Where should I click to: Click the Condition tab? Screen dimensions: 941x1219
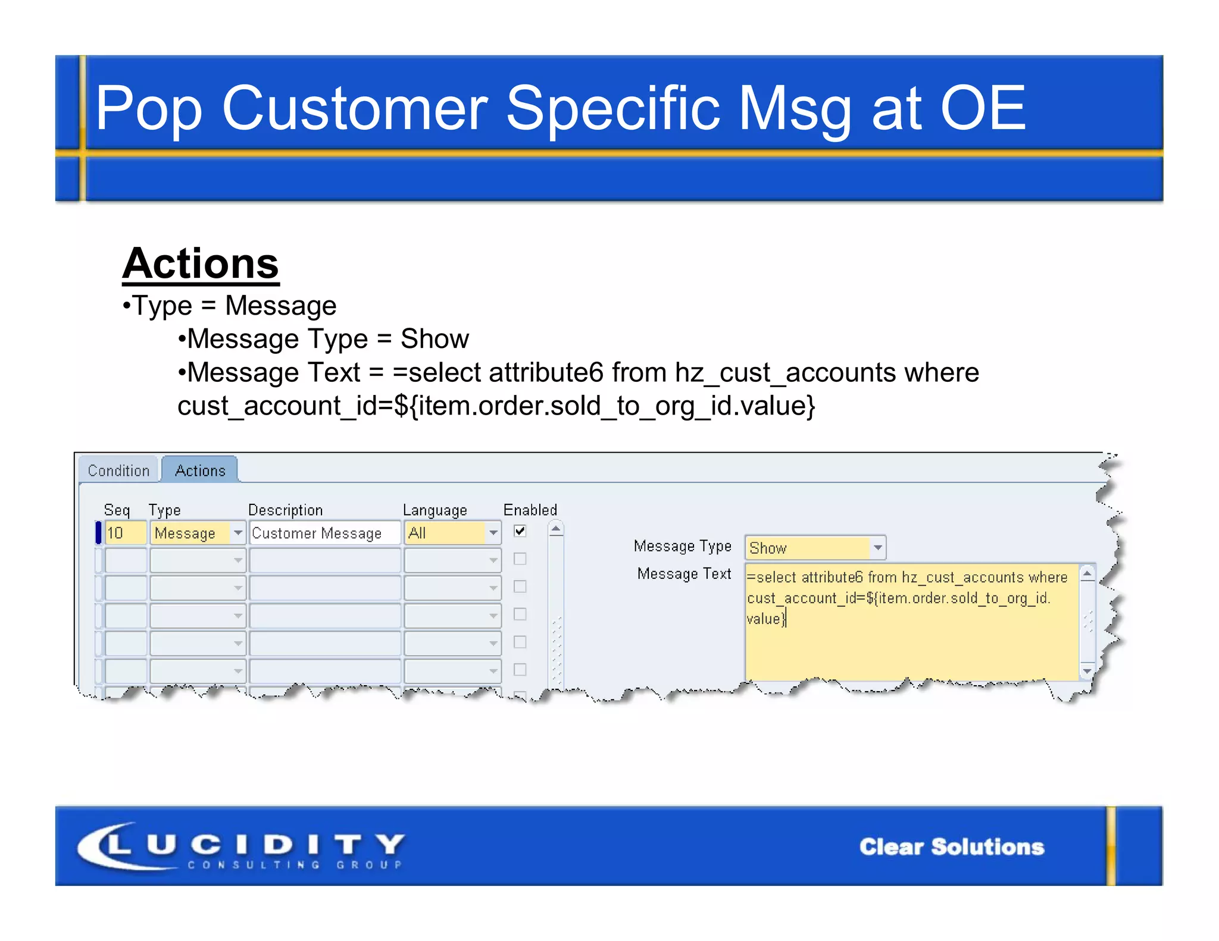pyautogui.click(x=118, y=471)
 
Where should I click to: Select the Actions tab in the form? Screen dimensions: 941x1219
pyautogui.click(x=200, y=471)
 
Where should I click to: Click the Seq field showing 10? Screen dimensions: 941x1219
pyautogui.click(x=126, y=533)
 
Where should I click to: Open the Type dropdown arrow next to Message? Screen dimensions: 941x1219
pyautogui.click(x=238, y=533)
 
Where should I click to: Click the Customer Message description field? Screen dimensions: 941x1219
pyautogui.click(x=324, y=533)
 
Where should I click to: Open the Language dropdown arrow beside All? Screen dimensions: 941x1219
pyautogui.click(x=493, y=533)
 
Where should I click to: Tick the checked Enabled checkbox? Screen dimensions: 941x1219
pyautogui.click(x=520, y=531)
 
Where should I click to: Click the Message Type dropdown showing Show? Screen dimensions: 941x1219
pyautogui.click(x=815, y=548)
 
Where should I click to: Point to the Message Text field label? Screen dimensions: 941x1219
pyautogui.click(x=684, y=574)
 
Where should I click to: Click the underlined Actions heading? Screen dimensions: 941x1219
pyautogui.click(x=201, y=264)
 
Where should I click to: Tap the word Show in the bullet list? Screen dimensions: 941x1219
pyautogui.click(x=435, y=339)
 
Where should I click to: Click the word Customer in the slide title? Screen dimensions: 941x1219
pyautogui.click(x=355, y=108)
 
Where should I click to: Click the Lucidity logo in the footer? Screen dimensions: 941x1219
pyautogui.click(x=241, y=846)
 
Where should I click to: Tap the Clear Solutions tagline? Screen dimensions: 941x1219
pyautogui.click(x=951, y=847)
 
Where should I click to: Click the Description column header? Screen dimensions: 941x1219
pyautogui.click(x=285, y=510)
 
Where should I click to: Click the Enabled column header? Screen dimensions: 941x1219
pyautogui.click(x=530, y=510)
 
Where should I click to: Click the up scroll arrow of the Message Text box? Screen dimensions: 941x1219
pyautogui.click(x=1087, y=574)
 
